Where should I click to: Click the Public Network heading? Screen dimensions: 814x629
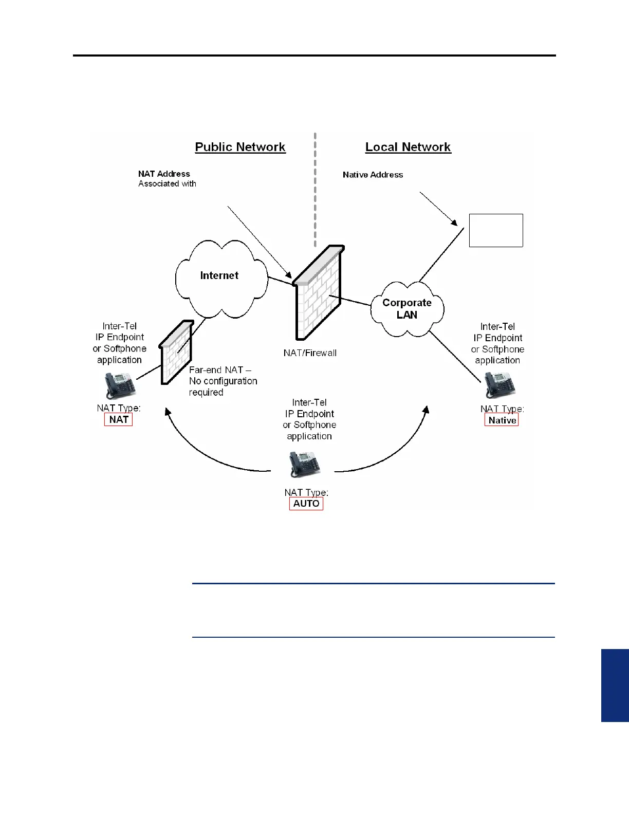coord(240,147)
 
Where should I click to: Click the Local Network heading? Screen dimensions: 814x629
coord(408,147)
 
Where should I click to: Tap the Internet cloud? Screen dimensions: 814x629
coord(220,276)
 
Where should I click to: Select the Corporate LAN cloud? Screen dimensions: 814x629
coord(407,308)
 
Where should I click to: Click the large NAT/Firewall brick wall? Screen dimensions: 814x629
coord(318,295)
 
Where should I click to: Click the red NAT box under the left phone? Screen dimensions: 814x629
coord(119,419)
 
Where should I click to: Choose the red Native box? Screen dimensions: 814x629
coord(502,420)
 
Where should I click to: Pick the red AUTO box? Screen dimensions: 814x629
coord(306,503)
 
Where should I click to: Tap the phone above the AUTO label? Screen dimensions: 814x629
coord(305,464)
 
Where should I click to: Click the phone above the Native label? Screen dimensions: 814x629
coord(499,384)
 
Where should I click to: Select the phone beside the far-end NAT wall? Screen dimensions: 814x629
coord(120,384)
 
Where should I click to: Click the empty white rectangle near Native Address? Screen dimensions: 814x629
coord(496,230)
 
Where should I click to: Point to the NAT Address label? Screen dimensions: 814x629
coord(164,174)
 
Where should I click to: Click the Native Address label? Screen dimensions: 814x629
coord(373,175)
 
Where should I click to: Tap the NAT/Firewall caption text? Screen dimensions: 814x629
coord(310,353)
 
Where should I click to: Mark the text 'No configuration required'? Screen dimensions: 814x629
coord(223,386)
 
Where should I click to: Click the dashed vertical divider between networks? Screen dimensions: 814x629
coord(315,190)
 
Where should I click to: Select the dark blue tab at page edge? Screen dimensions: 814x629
coord(615,685)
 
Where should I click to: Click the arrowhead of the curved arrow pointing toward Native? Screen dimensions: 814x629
coord(426,410)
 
